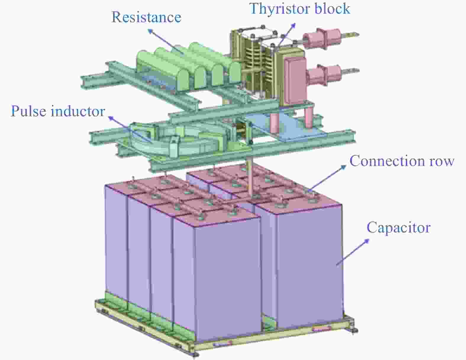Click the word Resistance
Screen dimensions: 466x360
click(146, 17)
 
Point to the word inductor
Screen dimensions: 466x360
click(78, 111)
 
